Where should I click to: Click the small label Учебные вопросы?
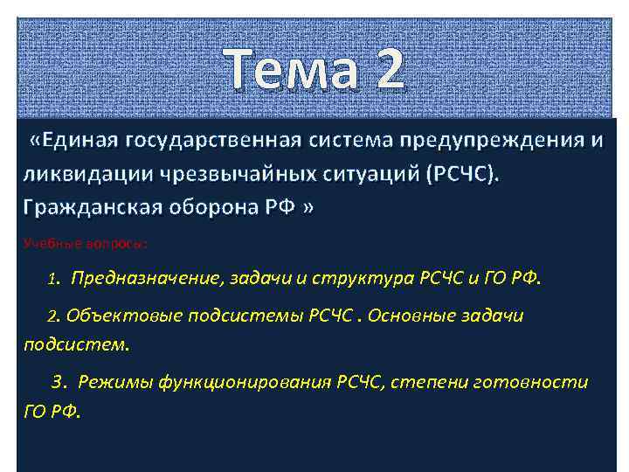tap(85, 242)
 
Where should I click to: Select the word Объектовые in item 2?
tap(120, 315)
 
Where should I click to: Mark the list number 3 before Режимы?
tap(57, 382)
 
